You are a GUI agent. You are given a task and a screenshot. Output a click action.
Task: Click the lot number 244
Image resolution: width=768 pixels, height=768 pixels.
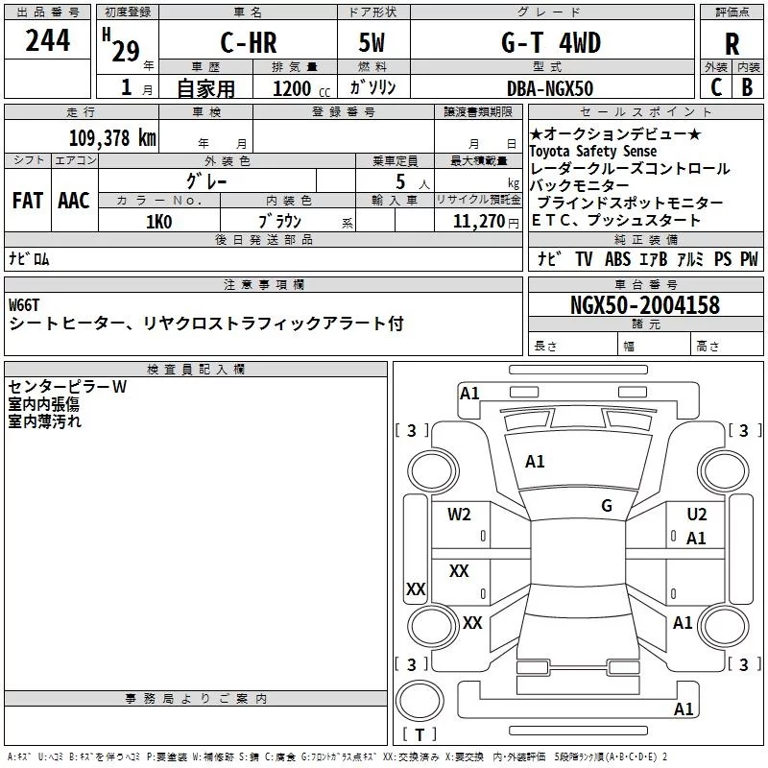pos(48,41)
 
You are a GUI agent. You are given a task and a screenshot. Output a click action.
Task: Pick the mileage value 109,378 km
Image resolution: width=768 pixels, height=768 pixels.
pos(112,137)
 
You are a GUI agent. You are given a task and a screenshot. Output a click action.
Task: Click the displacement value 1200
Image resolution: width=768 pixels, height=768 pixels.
pos(292,88)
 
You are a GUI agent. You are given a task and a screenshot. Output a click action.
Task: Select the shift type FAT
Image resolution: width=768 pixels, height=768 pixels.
pos(27,201)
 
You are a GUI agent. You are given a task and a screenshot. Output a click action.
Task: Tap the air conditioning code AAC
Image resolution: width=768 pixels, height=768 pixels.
pos(74,201)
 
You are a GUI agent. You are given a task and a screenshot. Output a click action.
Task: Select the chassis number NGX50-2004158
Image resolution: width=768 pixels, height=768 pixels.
pos(644,306)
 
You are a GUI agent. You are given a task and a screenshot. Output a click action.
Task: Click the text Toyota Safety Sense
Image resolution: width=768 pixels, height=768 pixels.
pos(593,152)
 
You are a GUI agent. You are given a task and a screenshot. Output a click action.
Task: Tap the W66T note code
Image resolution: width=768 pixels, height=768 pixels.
pos(25,305)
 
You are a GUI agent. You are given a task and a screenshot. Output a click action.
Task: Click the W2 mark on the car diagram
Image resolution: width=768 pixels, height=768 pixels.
pos(459,515)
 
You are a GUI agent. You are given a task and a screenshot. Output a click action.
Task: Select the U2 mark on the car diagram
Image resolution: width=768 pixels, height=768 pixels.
pos(697,515)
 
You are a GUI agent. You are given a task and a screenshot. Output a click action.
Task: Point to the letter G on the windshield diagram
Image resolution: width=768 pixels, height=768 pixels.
pos(607,506)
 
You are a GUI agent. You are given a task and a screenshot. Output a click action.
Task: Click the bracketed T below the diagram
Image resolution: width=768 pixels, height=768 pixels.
pos(420,735)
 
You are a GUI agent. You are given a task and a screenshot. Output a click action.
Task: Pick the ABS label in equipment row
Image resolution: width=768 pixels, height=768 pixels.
pos(617,259)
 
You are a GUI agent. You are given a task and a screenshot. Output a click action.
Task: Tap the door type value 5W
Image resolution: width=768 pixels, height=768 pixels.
pos(372,43)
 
